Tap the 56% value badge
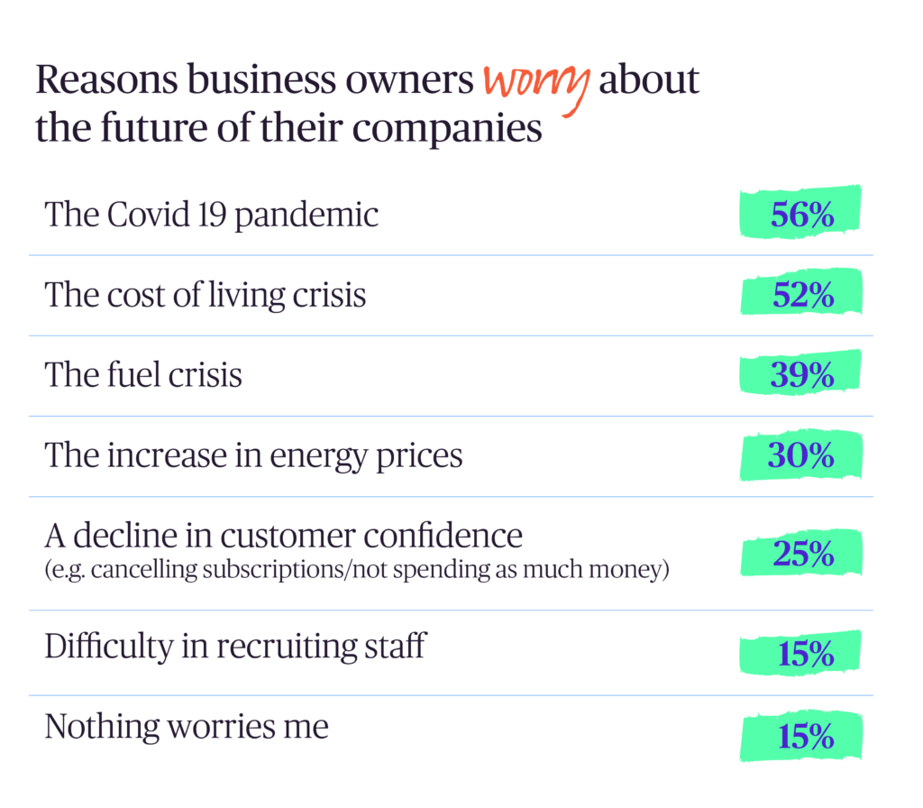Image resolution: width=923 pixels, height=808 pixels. (801, 215)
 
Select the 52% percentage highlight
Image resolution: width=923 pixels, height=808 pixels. (801, 295)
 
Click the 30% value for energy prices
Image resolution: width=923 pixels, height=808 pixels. (801, 455)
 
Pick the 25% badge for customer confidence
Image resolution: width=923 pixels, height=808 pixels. (801, 553)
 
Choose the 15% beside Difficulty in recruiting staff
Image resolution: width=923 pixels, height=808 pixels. (801, 653)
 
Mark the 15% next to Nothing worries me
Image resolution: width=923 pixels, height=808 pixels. (801, 735)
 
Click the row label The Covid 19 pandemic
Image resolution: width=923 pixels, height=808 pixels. (212, 215)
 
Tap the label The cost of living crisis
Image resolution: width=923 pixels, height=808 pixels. (206, 295)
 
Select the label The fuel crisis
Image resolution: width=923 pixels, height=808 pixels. (143, 374)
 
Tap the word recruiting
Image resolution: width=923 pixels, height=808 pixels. (276, 647)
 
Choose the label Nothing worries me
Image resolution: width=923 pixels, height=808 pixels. (187, 727)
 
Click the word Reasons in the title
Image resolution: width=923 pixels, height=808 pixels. (105, 80)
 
